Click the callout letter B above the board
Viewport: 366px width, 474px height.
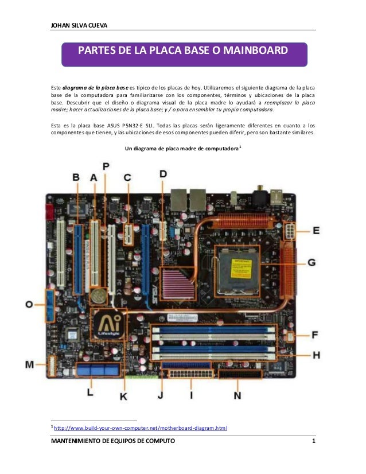76,178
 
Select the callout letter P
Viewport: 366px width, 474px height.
106,165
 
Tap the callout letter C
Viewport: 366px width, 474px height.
127,178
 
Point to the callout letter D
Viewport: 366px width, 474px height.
163,173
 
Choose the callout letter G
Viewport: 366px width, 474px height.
312,262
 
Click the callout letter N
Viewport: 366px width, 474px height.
237,395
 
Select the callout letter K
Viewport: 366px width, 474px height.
123,395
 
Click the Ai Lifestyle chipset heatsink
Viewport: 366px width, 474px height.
107,325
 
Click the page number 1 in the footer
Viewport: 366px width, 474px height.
313,441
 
